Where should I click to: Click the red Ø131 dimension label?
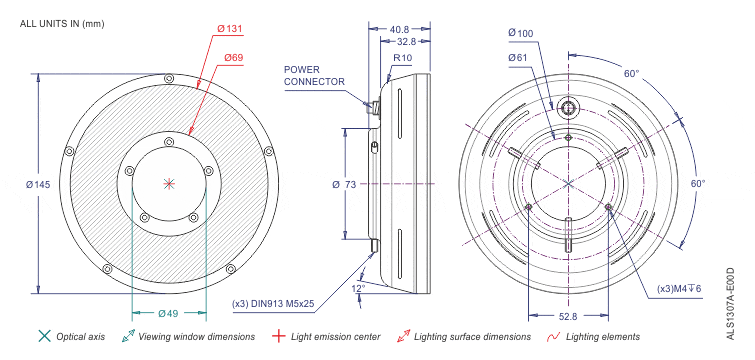[x=229, y=29]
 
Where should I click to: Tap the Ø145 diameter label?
[x=38, y=184]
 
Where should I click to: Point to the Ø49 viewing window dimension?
[x=169, y=314]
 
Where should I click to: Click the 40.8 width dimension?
[x=399, y=29]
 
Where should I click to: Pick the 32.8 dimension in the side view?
[x=406, y=41]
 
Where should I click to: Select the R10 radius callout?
[x=403, y=58]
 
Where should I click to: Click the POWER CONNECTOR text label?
[x=314, y=76]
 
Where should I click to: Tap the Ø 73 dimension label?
[x=344, y=184]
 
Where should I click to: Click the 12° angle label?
[x=358, y=288]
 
